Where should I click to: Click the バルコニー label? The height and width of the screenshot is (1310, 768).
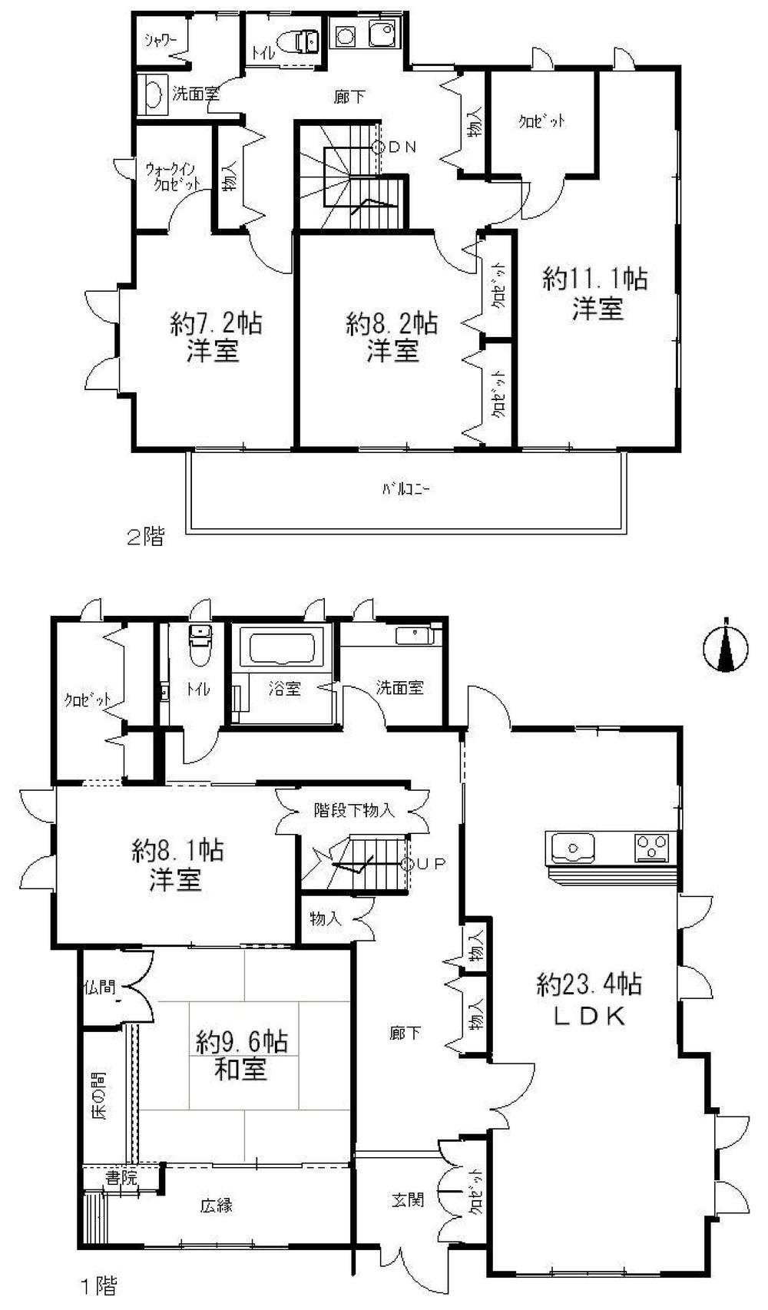(x=406, y=489)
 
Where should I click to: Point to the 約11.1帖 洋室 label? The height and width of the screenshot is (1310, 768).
(x=596, y=293)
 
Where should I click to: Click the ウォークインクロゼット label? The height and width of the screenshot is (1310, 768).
(x=174, y=177)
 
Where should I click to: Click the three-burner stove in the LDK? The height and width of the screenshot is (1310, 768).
(x=651, y=849)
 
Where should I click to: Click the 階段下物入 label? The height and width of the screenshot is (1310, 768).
(x=354, y=809)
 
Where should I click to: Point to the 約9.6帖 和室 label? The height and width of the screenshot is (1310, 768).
(x=241, y=1055)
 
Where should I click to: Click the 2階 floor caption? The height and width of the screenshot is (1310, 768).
(x=145, y=538)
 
